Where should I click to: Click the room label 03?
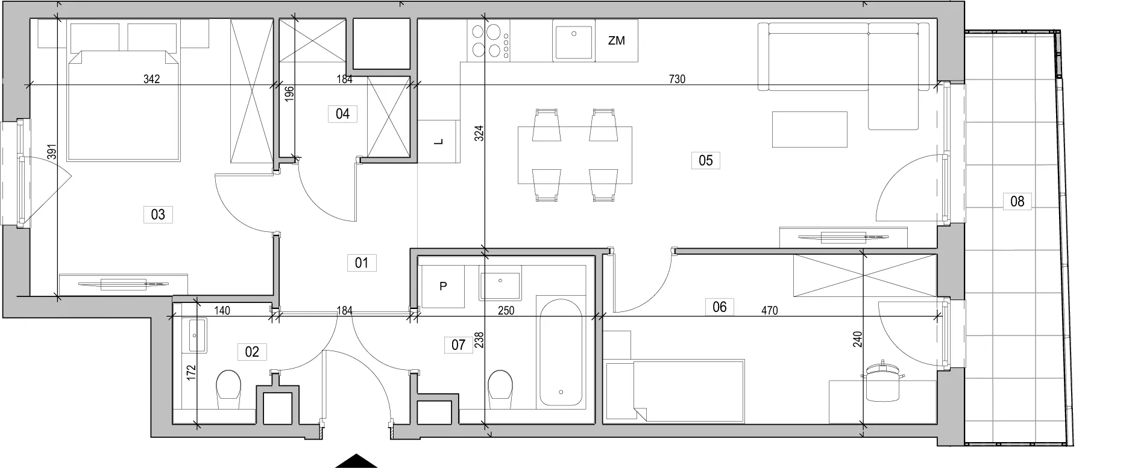tap(158, 214)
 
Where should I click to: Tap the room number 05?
tap(705, 160)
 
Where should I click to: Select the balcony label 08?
tap(1017, 201)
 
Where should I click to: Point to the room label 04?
tap(342, 114)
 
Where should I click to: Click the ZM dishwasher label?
tap(616, 41)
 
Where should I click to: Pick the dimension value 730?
tap(677, 79)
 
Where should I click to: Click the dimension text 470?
tap(769, 311)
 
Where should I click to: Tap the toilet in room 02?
tap(228, 386)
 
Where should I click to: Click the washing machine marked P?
tap(442, 286)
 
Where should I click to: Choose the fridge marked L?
tap(438, 142)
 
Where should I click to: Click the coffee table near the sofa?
tap(810, 129)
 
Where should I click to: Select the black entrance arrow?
tap(356, 461)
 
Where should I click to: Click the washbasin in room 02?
tap(197, 335)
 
